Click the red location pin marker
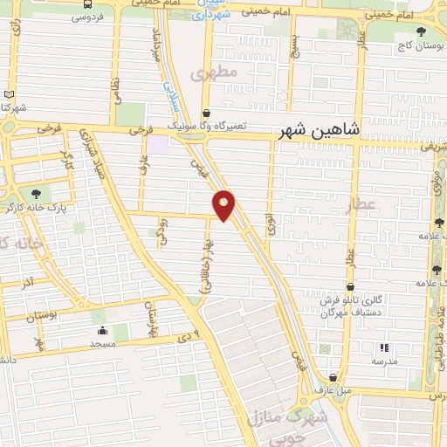click(224, 204)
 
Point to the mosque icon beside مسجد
click(103, 331)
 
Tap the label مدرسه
click(384, 361)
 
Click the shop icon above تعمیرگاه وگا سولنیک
click(206, 113)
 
